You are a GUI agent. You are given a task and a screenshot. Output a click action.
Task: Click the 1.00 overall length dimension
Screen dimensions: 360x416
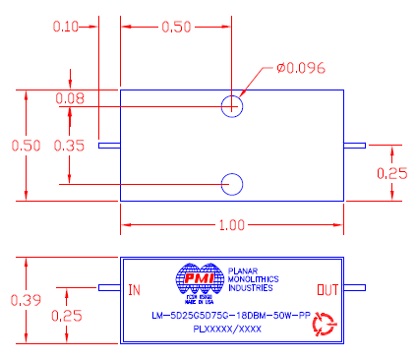[x=232, y=225]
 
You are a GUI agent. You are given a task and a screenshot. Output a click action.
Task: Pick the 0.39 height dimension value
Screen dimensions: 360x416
[x=19, y=299]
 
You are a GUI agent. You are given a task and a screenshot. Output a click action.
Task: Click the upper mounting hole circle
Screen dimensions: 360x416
[x=233, y=105]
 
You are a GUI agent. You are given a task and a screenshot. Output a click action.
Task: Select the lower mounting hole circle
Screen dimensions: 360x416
[x=233, y=183]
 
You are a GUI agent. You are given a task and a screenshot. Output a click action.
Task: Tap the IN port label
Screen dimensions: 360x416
[x=136, y=289]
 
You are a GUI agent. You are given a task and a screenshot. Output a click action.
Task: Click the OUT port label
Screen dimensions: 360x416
[x=327, y=289]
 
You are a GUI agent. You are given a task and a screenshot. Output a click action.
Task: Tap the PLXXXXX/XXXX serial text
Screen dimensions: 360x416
[x=226, y=330]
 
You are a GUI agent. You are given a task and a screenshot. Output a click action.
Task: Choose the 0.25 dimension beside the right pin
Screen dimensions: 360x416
[x=392, y=173]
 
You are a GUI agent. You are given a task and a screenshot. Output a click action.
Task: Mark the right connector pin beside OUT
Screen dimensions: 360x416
[x=353, y=288]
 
